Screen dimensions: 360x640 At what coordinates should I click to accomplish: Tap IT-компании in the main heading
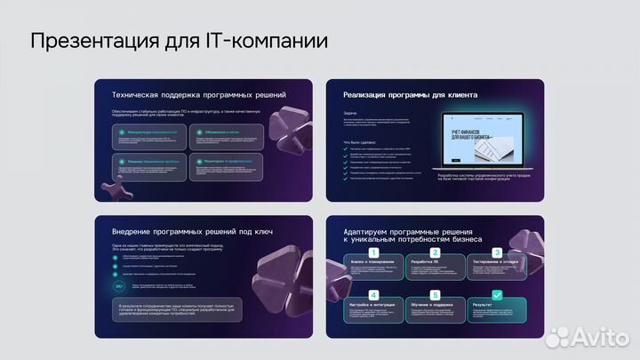(266, 41)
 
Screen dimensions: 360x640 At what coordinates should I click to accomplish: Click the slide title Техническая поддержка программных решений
(198, 94)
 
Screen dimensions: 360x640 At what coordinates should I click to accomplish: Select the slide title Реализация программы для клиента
(410, 94)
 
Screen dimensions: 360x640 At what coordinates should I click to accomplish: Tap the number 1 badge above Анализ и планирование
(374, 252)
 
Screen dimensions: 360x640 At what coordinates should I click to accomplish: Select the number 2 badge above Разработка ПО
(436, 252)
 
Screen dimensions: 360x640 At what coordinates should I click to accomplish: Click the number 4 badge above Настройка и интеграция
(374, 294)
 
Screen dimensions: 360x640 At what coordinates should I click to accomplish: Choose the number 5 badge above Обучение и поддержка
(436, 294)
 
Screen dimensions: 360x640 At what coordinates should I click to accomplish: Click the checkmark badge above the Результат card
(497, 294)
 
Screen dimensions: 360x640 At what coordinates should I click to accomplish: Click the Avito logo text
(596, 337)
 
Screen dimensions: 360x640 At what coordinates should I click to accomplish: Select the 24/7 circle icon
(118, 287)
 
